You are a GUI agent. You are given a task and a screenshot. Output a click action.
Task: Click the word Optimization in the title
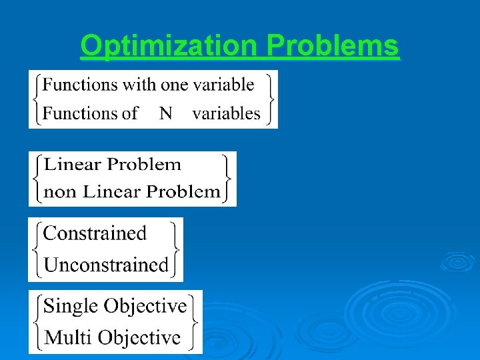tap(169, 47)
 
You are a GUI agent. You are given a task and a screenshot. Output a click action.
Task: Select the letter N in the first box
tap(165, 113)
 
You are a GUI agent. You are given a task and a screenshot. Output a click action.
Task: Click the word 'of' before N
tap(129, 113)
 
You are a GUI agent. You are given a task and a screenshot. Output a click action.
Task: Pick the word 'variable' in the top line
tap(223, 85)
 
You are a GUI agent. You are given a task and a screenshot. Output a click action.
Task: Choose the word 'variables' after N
tap(226, 113)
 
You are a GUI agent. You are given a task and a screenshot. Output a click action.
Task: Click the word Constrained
tap(95, 233)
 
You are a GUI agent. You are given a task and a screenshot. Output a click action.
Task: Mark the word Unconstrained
tap(106, 265)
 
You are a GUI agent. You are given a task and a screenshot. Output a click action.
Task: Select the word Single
tap(70, 306)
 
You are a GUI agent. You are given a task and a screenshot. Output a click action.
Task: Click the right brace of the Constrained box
tap(175, 249)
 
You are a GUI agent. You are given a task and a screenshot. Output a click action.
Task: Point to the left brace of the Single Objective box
tap(36, 321)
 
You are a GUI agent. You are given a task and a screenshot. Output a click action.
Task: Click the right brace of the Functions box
tap(269, 99)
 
